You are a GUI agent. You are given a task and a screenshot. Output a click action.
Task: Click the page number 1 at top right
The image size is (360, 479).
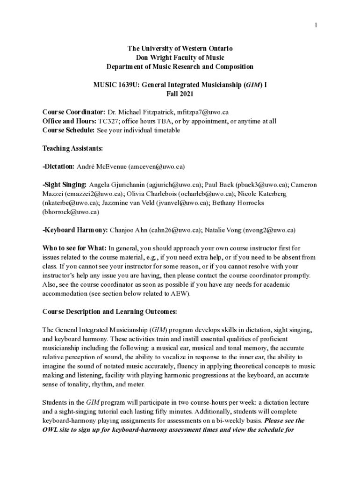tap(316, 25)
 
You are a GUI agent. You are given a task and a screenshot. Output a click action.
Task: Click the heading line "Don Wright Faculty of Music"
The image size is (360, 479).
tap(180, 58)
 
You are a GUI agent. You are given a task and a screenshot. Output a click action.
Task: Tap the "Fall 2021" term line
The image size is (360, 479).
tap(180, 94)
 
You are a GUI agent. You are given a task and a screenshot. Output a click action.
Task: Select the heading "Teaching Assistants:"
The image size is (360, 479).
tap(72, 148)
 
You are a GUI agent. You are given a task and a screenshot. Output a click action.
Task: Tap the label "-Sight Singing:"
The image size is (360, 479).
tap(65, 184)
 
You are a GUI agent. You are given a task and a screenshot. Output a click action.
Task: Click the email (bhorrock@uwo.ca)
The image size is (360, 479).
tap(71, 211)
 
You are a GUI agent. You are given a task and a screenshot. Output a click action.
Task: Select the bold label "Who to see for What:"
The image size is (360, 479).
tap(74, 248)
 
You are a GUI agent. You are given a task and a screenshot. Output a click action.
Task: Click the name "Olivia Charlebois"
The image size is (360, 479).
tap(153, 193)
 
